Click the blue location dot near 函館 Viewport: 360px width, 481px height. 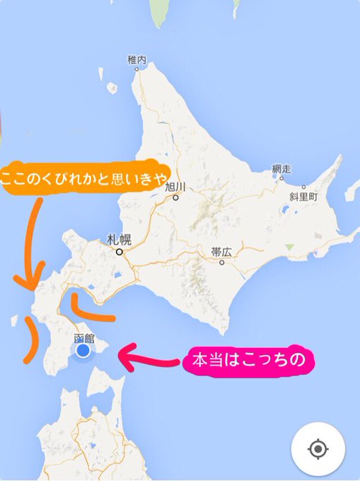coord(83,350)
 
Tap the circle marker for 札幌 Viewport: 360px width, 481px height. coord(120,251)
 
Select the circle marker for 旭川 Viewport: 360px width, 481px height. coord(175,198)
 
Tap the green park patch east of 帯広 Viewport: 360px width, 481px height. coord(289,247)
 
